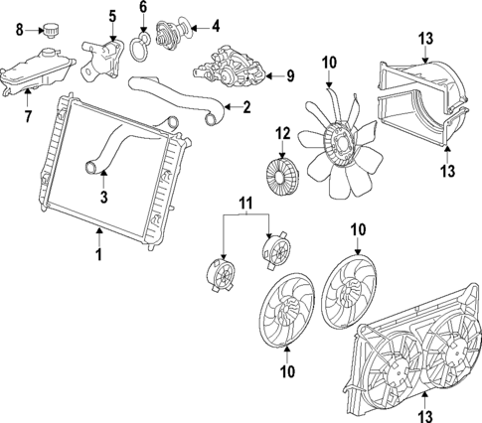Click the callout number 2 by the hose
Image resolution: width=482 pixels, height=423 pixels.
point(247,107)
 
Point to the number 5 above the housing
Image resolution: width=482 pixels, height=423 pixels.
point(111,14)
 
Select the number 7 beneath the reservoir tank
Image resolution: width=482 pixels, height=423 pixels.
point(28,117)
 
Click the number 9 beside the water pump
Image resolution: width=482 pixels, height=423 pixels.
point(290,74)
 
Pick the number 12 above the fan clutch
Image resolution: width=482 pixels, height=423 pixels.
point(282,132)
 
